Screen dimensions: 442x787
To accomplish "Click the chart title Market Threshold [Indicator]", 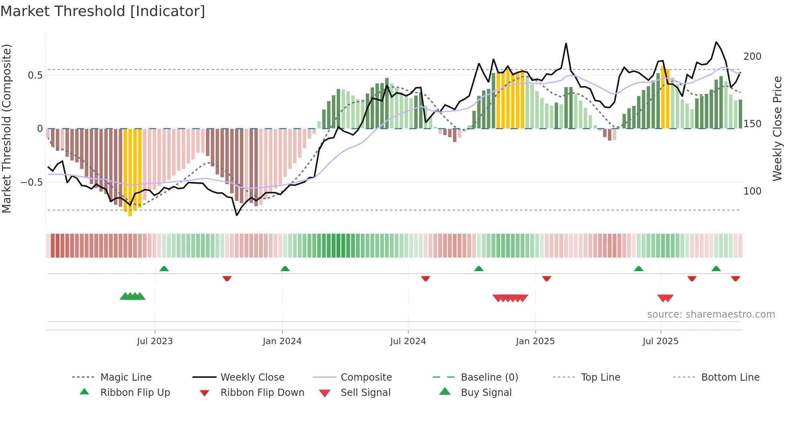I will click(103, 11).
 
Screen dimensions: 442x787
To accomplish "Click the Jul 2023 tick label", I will click(155, 341).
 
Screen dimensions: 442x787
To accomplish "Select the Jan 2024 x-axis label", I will click(282, 341).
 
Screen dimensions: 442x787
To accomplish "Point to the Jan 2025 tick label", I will click(535, 341).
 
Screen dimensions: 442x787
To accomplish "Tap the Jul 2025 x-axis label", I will click(661, 341).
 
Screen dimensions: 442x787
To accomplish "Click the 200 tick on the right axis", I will click(752, 57).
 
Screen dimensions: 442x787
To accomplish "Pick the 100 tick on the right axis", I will click(752, 191).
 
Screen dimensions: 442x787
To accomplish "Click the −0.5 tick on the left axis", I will click(32, 182).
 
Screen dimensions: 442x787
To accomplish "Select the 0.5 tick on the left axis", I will click(35, 75).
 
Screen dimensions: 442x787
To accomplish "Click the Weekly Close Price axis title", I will click(777, 128).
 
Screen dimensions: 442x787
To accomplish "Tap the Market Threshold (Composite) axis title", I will click(6, 128).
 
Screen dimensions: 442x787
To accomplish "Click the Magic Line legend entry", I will click(126, 377).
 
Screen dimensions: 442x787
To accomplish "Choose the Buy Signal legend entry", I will click(486, 393).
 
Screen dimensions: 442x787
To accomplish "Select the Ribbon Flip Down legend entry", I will click(262, 393).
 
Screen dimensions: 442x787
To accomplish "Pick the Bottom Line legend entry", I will click(730, 377).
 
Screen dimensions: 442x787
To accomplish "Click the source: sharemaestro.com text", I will click(711, 314).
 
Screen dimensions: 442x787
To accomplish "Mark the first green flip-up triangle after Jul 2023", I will click(164, 269).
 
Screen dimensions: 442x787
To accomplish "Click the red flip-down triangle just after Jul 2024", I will click(426, 278).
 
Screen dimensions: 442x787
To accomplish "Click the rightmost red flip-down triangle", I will click(735, 278).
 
